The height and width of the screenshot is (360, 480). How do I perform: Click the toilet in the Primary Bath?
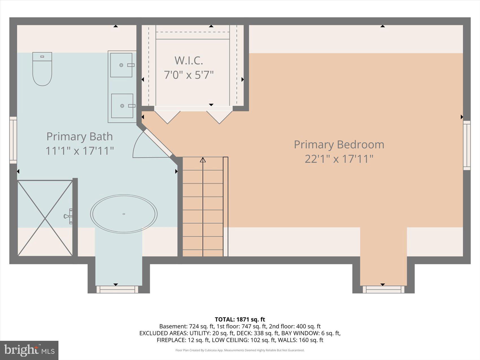click(42, 69)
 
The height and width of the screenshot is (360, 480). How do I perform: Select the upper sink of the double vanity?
click(121, 65)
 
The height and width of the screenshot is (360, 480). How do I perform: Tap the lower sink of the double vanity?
click(122, 106)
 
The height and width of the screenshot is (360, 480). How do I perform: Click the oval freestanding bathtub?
click(124, 214)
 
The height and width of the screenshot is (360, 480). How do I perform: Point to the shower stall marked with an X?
click(45, 218)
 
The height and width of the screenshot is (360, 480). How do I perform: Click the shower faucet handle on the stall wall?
click(68, 216)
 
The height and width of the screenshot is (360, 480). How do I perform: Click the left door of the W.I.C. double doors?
click(167, 116)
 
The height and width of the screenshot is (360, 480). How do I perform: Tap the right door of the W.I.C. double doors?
click(219, 117)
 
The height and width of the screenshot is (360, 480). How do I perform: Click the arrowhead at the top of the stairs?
click(203, 160)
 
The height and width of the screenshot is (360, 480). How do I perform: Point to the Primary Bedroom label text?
click(339, 145)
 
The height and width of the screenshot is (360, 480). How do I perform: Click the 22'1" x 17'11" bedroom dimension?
click(339, 159)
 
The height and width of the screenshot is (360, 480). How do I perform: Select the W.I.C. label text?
click(189, 60)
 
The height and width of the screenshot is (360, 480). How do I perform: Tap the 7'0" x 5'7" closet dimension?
click(189, 75)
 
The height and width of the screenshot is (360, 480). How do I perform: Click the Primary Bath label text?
click(79, 137)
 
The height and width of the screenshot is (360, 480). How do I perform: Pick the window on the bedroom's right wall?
click(467, 145)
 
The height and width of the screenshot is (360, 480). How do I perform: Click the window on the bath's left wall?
click(13, 140)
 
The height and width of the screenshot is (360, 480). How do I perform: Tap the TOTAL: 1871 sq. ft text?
click(240, 319)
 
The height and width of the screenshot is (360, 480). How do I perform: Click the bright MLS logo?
click(29, 350)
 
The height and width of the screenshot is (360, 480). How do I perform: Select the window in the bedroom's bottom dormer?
click(383, 289)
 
